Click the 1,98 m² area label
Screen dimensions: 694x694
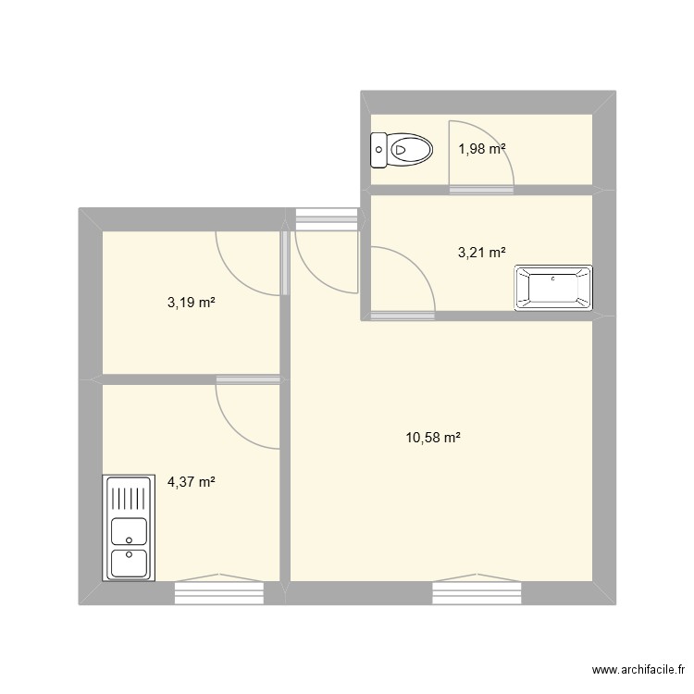[482, 147]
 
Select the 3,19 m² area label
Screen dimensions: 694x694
[192, 302]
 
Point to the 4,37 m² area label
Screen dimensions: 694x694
[192, 481]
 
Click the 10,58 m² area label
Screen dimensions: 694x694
[433, 438]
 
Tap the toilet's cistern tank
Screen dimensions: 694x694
[378, 147]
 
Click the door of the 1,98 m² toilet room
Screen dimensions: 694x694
[480, 157]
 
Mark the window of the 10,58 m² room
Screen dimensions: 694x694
[477, 590]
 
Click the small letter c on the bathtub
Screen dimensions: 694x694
[553, 278]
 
